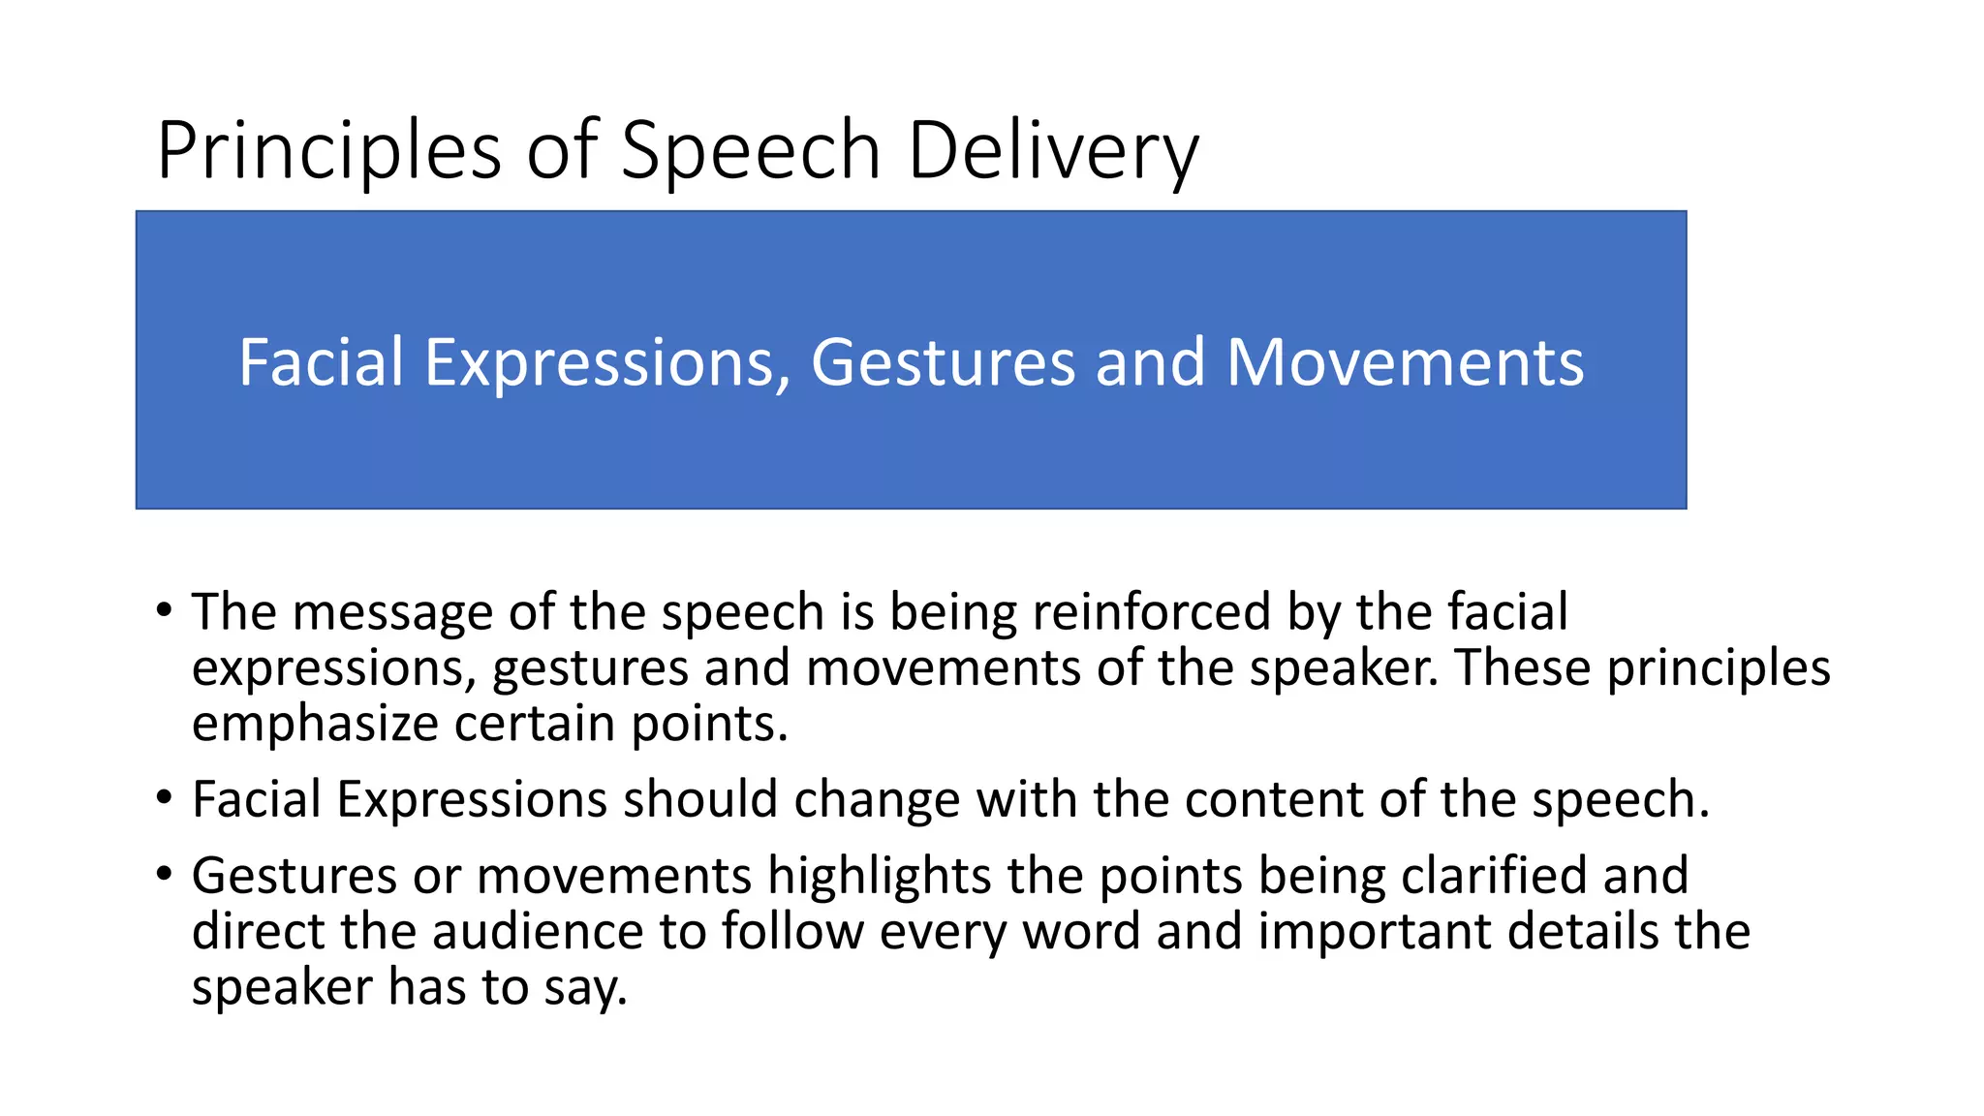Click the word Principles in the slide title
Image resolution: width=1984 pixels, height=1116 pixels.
[x=328, y=151]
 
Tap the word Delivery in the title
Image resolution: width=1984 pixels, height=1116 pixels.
[x=1053, y=151]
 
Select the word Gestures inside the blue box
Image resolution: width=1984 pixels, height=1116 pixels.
[x=942, y=362]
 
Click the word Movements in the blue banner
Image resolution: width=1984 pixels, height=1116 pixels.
[x=1405, y=362]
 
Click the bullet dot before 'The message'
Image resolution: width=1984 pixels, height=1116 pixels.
[x=165, y=611]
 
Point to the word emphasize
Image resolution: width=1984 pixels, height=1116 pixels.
[x=315, y=724]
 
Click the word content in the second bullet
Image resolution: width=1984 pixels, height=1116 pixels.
[x=1274, y=799]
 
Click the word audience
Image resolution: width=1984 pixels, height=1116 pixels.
[x=538, y=931]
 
